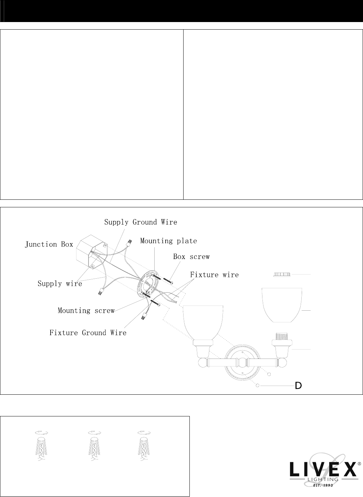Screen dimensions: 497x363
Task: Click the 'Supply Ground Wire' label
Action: [x=141, y=222]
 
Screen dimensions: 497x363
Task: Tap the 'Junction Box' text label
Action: [x=49, y=245]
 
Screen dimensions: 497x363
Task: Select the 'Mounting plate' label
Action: [x=168, y=241]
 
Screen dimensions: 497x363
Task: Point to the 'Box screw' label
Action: [x=191, y=257]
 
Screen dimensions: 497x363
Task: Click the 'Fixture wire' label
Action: [x=214, y=275]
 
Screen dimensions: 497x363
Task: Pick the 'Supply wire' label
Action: [x=60, y=284]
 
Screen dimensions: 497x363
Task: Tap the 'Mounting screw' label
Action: [x=86, y=311]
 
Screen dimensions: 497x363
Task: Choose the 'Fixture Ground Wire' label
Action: [x=88, y=333]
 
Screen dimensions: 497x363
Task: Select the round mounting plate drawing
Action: [x=148, y=284]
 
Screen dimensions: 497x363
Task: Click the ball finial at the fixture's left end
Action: [x=203, y=363]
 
